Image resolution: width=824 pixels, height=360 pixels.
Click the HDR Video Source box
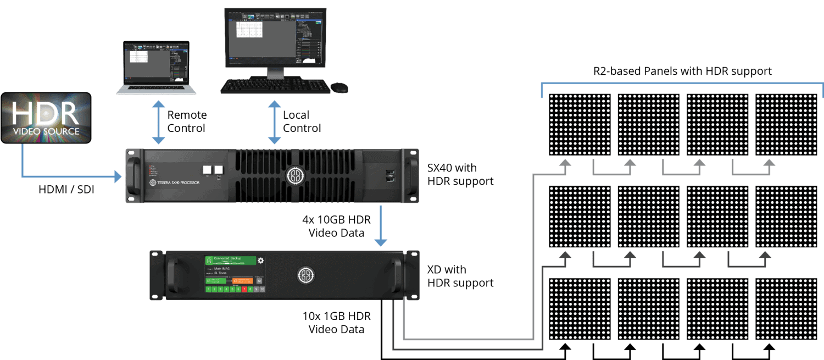tap(46, 118)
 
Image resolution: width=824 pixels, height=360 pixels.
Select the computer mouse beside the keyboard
tap(339, 87)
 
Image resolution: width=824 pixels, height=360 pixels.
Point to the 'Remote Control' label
tap(187, 121)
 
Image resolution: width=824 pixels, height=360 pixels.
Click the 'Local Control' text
tap(302, 121)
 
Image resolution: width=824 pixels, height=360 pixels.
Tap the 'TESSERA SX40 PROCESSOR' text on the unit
tap(175, 182)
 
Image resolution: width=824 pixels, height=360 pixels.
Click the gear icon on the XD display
tap(261, 261)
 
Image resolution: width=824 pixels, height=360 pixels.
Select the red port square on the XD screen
tap(244, 289)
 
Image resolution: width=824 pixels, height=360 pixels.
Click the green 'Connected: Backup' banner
tap(231, 261)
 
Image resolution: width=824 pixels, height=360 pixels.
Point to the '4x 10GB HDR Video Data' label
tap(336, 226)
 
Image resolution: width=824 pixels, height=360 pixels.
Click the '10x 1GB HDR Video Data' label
tap(336, 323)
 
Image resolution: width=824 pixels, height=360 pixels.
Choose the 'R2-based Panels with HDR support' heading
tap(682, 71)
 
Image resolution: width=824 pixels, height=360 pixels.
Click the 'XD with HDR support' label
tap(460, 276)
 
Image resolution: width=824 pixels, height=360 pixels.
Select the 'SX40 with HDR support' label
tap(460, 174)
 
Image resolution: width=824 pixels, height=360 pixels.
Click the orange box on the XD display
tap(242, 281)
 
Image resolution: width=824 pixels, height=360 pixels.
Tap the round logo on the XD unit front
tap(305, 275)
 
